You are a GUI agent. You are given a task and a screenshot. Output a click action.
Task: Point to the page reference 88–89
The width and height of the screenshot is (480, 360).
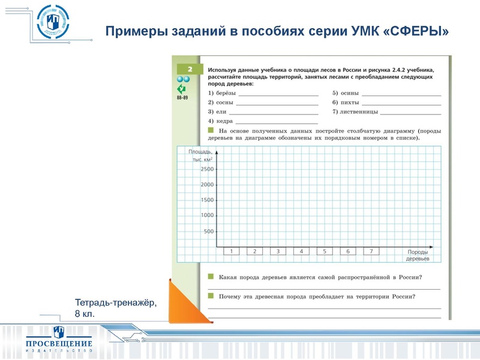(182, 97)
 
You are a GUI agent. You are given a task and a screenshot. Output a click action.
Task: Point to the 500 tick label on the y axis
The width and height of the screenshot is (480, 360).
(209, 231)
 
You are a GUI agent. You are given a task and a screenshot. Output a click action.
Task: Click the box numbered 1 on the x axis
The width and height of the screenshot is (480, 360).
(232, 251)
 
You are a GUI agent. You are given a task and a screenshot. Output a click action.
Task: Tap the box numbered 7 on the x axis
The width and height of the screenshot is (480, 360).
(371, 251)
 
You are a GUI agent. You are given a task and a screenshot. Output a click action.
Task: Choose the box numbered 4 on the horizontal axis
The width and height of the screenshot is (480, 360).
(301, 251)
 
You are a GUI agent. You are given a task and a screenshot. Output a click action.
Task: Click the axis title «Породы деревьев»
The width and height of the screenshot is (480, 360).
(418, 255)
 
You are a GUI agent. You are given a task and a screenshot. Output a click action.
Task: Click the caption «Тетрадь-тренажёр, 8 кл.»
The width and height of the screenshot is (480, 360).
(115, 308)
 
